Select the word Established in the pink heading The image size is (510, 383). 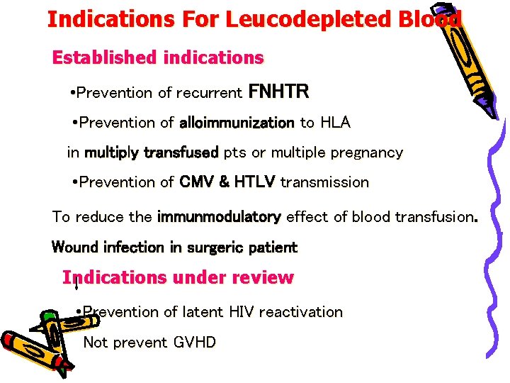click(105, 57)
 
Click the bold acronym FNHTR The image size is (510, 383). click(278, 92)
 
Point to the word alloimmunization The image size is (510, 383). click(237, 123)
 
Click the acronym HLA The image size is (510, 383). click(334, 123)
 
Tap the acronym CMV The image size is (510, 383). click(197, 182)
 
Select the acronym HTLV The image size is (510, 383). click(252, 182)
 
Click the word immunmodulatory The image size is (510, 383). click(219, 217)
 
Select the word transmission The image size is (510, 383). click(324, 182)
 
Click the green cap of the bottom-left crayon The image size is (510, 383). click(49, 315)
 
